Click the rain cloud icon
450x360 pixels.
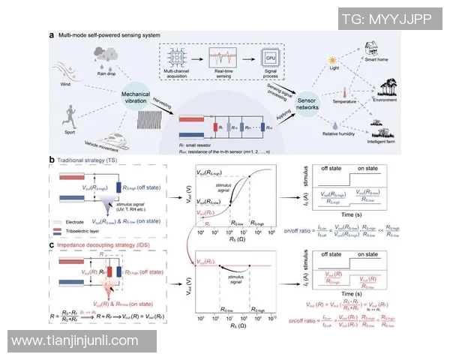click(x=105, y=55)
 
